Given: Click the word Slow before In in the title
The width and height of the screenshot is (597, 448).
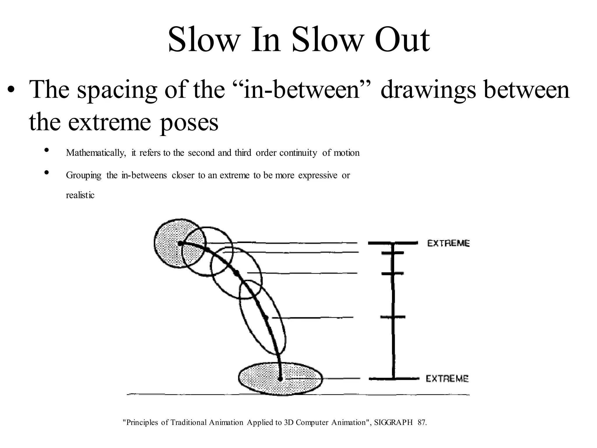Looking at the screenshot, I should (203, 40).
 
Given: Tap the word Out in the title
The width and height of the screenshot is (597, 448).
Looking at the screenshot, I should (402, 40).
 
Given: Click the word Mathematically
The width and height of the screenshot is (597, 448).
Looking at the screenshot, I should (96, 153).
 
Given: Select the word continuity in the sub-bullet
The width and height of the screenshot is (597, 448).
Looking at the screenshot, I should (298, 153).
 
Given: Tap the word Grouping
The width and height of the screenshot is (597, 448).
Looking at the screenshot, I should (84, 176).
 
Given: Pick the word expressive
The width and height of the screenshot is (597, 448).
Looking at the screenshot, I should (318, 176).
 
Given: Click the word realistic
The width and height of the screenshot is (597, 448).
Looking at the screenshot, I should (80, 195).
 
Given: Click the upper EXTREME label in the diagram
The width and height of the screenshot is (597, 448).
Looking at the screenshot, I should (448, 243).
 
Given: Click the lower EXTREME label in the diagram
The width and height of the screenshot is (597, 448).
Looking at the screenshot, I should (447, 379).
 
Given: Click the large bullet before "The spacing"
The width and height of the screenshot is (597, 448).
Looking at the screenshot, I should (11, 89).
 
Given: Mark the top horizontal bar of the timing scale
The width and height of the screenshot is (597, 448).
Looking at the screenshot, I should (393, 243).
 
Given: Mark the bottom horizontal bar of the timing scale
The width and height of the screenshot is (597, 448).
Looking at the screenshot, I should (394, 379).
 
